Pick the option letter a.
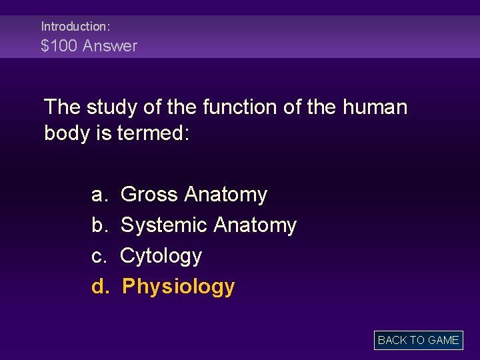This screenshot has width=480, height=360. click(99, 195)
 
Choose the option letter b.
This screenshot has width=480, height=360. click(99, 225)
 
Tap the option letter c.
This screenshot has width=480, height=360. click(99, 256)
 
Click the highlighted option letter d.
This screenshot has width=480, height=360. click(99, 287)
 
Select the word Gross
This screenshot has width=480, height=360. click(149, 195)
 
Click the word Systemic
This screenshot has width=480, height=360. click(163, 225)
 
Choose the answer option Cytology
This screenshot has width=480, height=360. click(161, 256)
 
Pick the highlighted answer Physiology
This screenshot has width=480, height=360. click(179, 287)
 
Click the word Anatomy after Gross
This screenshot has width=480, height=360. click(225, 195)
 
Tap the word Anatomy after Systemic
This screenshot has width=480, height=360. click(255, 225)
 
